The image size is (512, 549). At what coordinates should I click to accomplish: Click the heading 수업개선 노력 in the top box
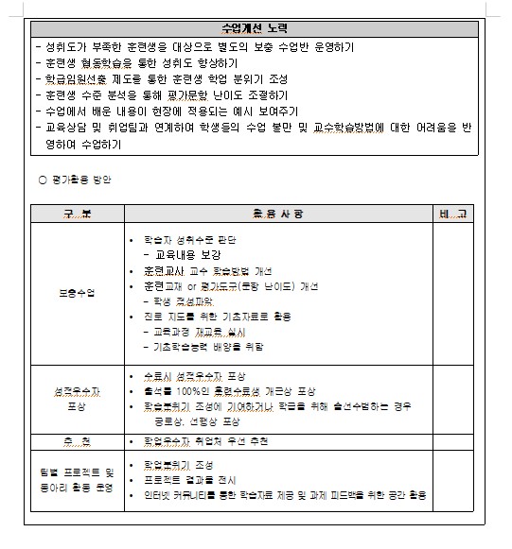[x=255, y=28]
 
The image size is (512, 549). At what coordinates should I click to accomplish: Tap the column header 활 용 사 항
[x=278, y=214]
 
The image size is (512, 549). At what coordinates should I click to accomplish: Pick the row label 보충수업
[x=77, y=293]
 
